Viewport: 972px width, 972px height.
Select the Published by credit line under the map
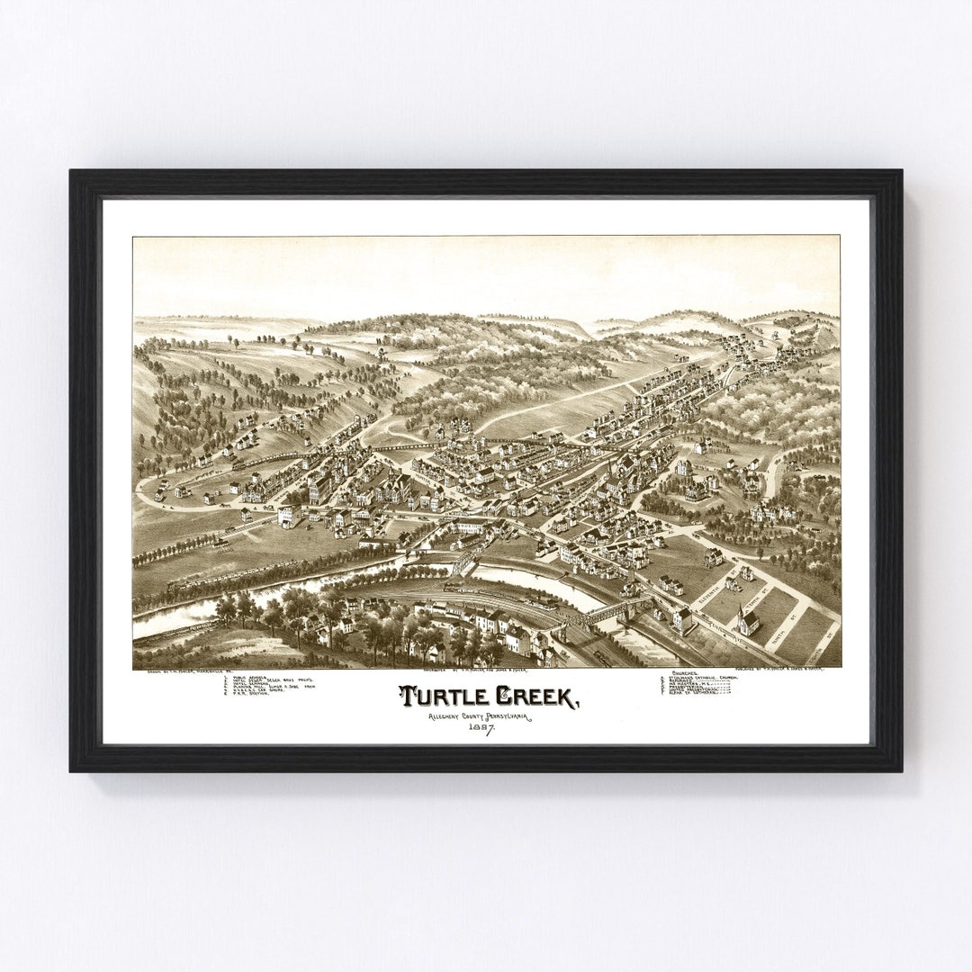[x=792, y=670]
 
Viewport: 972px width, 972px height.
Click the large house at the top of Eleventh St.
[x=712, y=557]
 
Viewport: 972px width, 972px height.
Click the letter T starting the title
[x=407, y=697]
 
